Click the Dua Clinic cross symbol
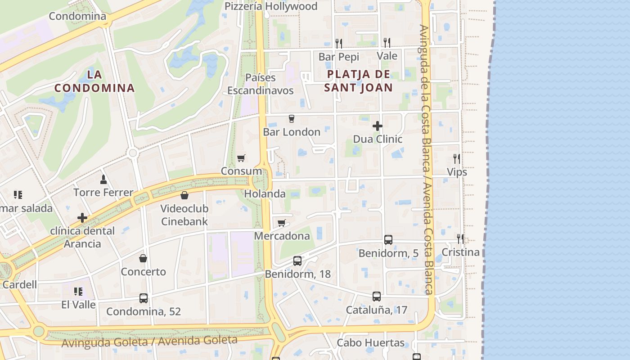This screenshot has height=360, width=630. pos(378,126)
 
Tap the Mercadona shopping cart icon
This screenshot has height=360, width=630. pos(282,223)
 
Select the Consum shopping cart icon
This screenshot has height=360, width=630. pos(241,158)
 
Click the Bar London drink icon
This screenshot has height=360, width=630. pos(291,119)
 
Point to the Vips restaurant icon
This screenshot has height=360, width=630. pos(457,158)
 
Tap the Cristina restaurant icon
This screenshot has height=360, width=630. pos(460,238)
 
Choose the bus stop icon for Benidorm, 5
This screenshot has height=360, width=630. pos(388,240)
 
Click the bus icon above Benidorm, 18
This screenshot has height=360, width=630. pos(297,261)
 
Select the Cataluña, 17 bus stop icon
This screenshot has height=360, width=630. pos(377,297)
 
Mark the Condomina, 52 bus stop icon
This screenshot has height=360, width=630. pos(144,298)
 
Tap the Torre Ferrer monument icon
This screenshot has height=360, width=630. pos(103,179)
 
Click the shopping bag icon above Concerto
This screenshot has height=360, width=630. pos(143,258)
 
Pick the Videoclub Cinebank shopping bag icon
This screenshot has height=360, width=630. pos(184,195)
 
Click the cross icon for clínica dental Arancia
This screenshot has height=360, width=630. pos(82,218)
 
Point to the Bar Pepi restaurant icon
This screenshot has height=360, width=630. pos(339,43)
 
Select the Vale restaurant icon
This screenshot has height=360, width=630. pos(387,43)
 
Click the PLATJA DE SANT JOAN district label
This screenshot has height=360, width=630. pos(359,81)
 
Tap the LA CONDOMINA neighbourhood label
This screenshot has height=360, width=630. pos(94,81)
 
